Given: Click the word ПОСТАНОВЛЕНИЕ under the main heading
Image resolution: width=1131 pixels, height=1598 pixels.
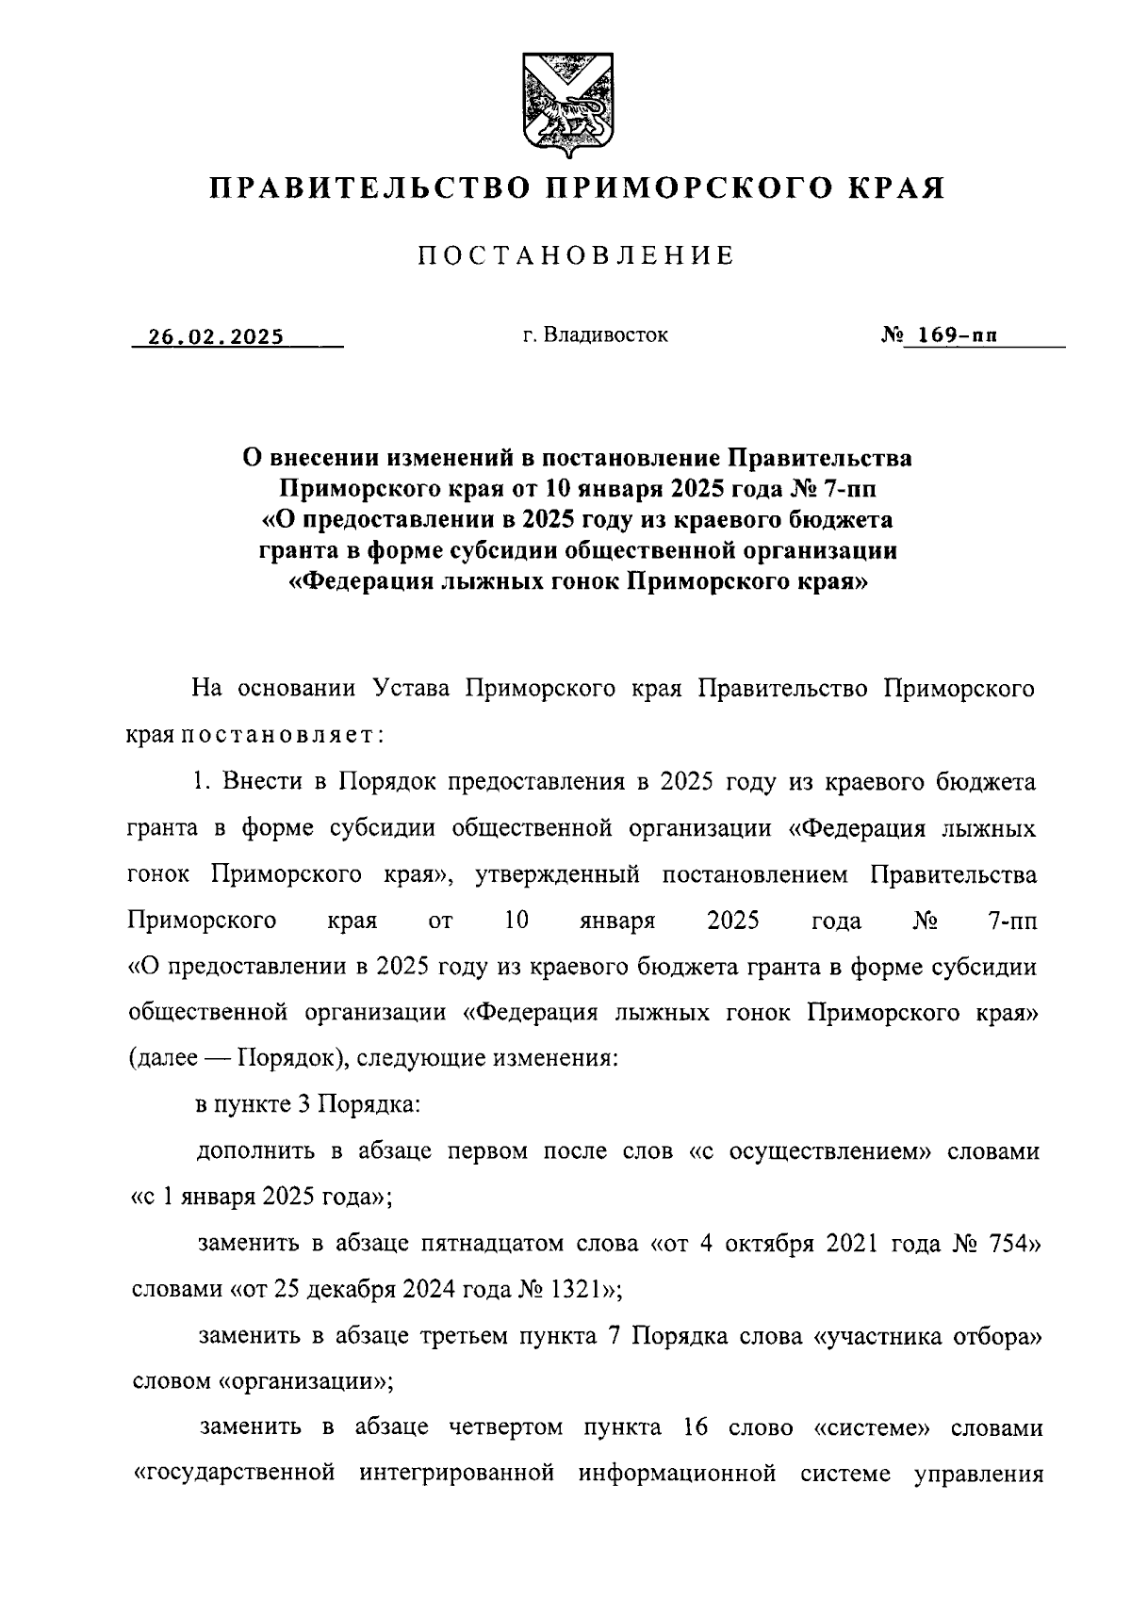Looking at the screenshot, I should click(x=575, y=255).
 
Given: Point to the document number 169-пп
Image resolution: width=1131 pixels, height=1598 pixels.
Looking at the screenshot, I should click(x=951, y=335).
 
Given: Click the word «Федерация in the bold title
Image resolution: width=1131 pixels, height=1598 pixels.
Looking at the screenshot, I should click(x=361, y=581).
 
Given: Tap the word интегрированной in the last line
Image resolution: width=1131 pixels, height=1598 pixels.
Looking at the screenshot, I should click(x=456, y=1473).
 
